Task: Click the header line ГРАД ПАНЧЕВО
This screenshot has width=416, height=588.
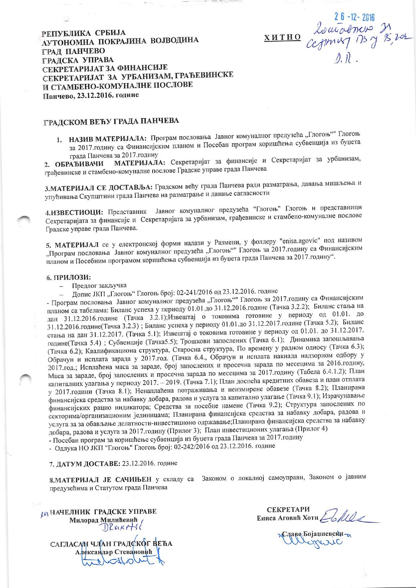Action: tap(74, 51)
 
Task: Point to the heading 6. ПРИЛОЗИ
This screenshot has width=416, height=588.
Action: tap(68, 278)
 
